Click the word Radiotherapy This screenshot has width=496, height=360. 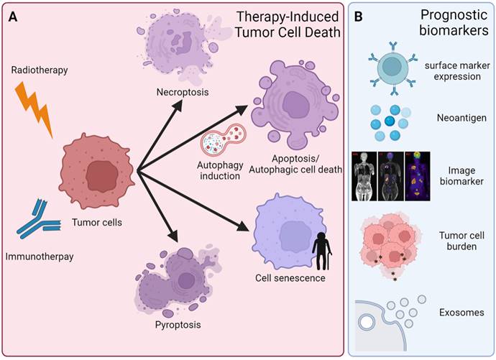click(40, 70)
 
